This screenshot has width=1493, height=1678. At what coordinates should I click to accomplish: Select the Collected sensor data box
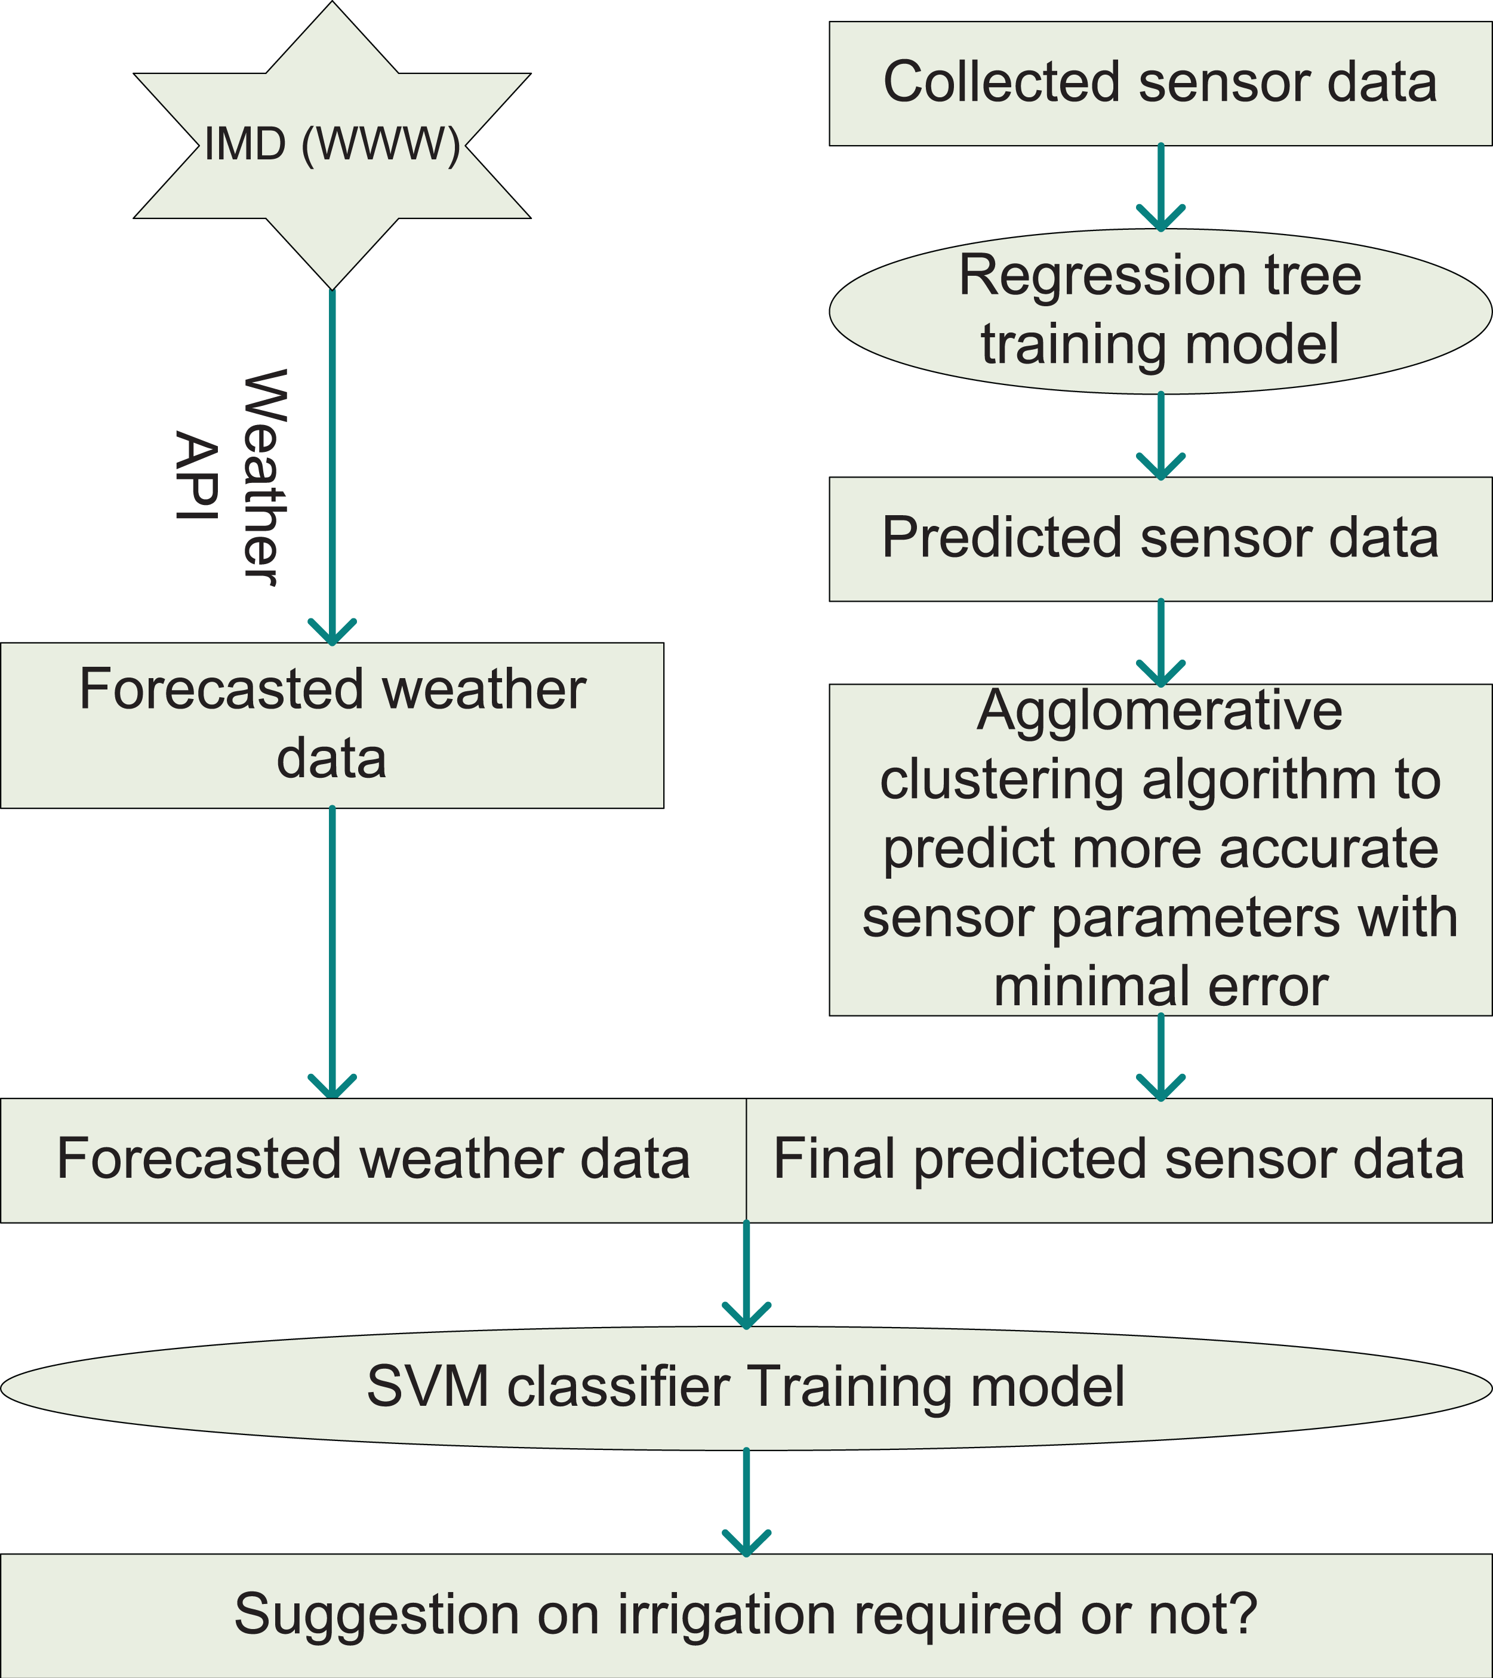(1160, 83)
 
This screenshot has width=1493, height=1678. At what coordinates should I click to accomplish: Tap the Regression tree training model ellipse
(1160, 310)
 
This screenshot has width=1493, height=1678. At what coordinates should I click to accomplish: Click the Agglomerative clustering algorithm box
(1160, 849)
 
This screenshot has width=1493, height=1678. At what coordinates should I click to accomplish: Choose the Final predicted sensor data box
(1119, 1160)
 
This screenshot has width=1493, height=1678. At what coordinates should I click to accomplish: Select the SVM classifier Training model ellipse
(745, 1387)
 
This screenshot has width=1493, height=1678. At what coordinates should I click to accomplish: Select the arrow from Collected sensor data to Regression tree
(1160, 187)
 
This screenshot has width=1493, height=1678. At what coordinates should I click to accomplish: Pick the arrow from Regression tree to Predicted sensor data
(1160, 435)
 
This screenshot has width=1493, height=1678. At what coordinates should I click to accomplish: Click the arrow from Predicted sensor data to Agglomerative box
(1160, 643)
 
